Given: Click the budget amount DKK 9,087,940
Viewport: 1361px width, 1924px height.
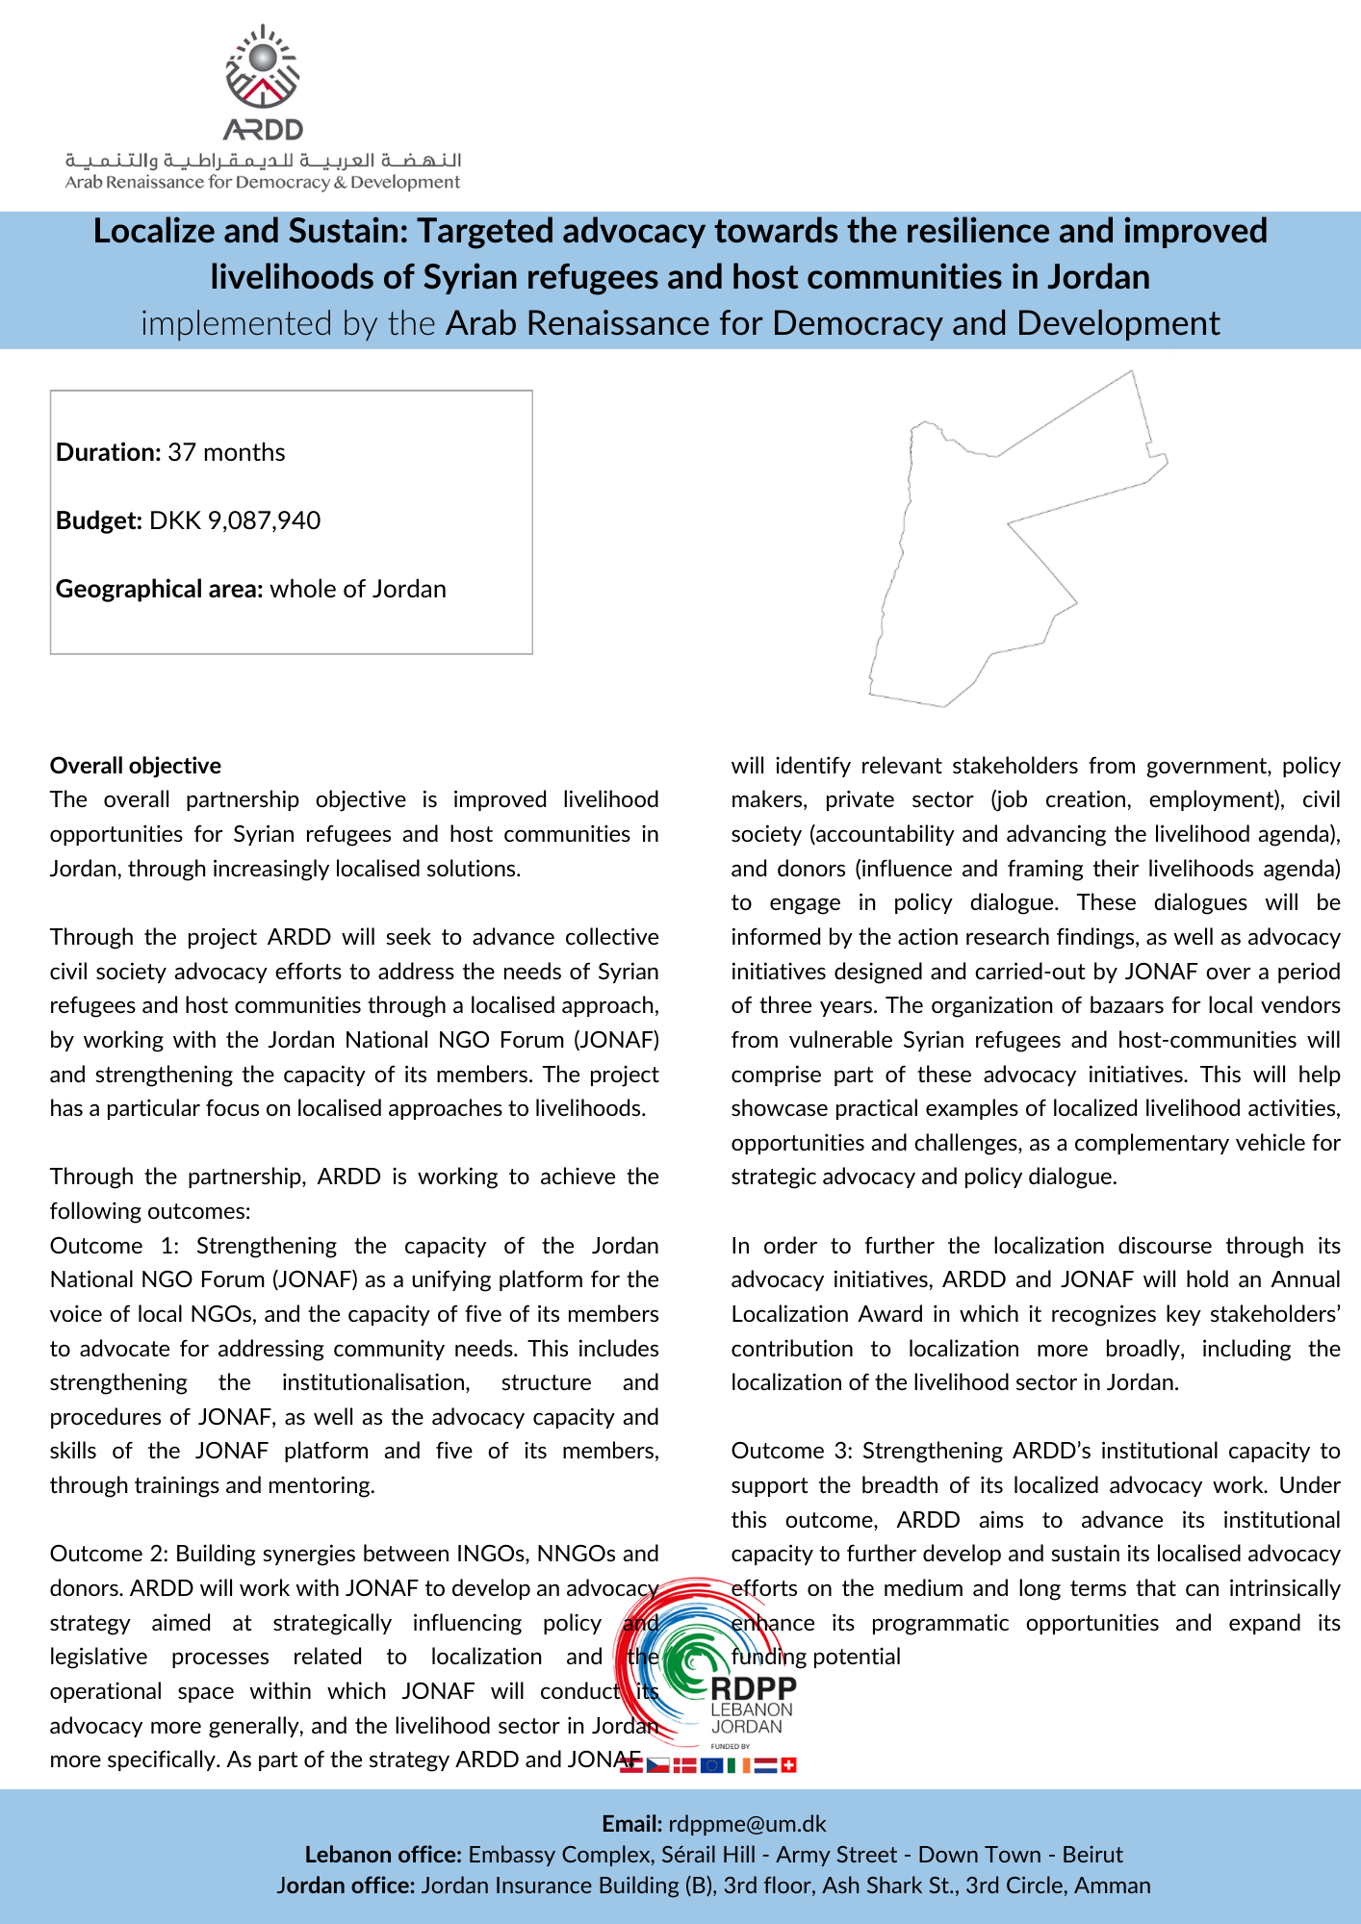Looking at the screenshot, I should [235, 520].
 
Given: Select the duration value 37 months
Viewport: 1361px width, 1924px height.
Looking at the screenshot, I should [226, 452].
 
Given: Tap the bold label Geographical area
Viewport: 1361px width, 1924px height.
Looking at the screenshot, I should [159, 589].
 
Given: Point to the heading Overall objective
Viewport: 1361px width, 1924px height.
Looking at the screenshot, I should [136, 766].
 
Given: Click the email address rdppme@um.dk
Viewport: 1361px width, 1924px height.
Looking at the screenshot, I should [747, 1824].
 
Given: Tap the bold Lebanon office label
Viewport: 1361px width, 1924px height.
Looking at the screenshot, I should [383, 1855].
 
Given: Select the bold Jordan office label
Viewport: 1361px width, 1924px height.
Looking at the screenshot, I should [346, 1886].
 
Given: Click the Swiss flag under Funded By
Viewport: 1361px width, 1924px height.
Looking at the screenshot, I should [788, 1764].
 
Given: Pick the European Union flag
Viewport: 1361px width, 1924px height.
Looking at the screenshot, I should [712, 1764].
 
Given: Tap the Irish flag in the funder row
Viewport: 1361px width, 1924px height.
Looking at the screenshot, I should [739, 1764].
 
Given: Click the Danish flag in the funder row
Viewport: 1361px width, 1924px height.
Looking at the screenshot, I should [684, 1764].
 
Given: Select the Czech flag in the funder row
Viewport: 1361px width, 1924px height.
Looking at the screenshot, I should [658, 1764].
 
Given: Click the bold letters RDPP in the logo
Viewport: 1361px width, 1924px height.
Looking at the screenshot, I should [754, 1688].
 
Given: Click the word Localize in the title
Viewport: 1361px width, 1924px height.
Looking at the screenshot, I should [154, 231].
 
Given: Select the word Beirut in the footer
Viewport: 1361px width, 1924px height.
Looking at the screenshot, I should [1092, 1855].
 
